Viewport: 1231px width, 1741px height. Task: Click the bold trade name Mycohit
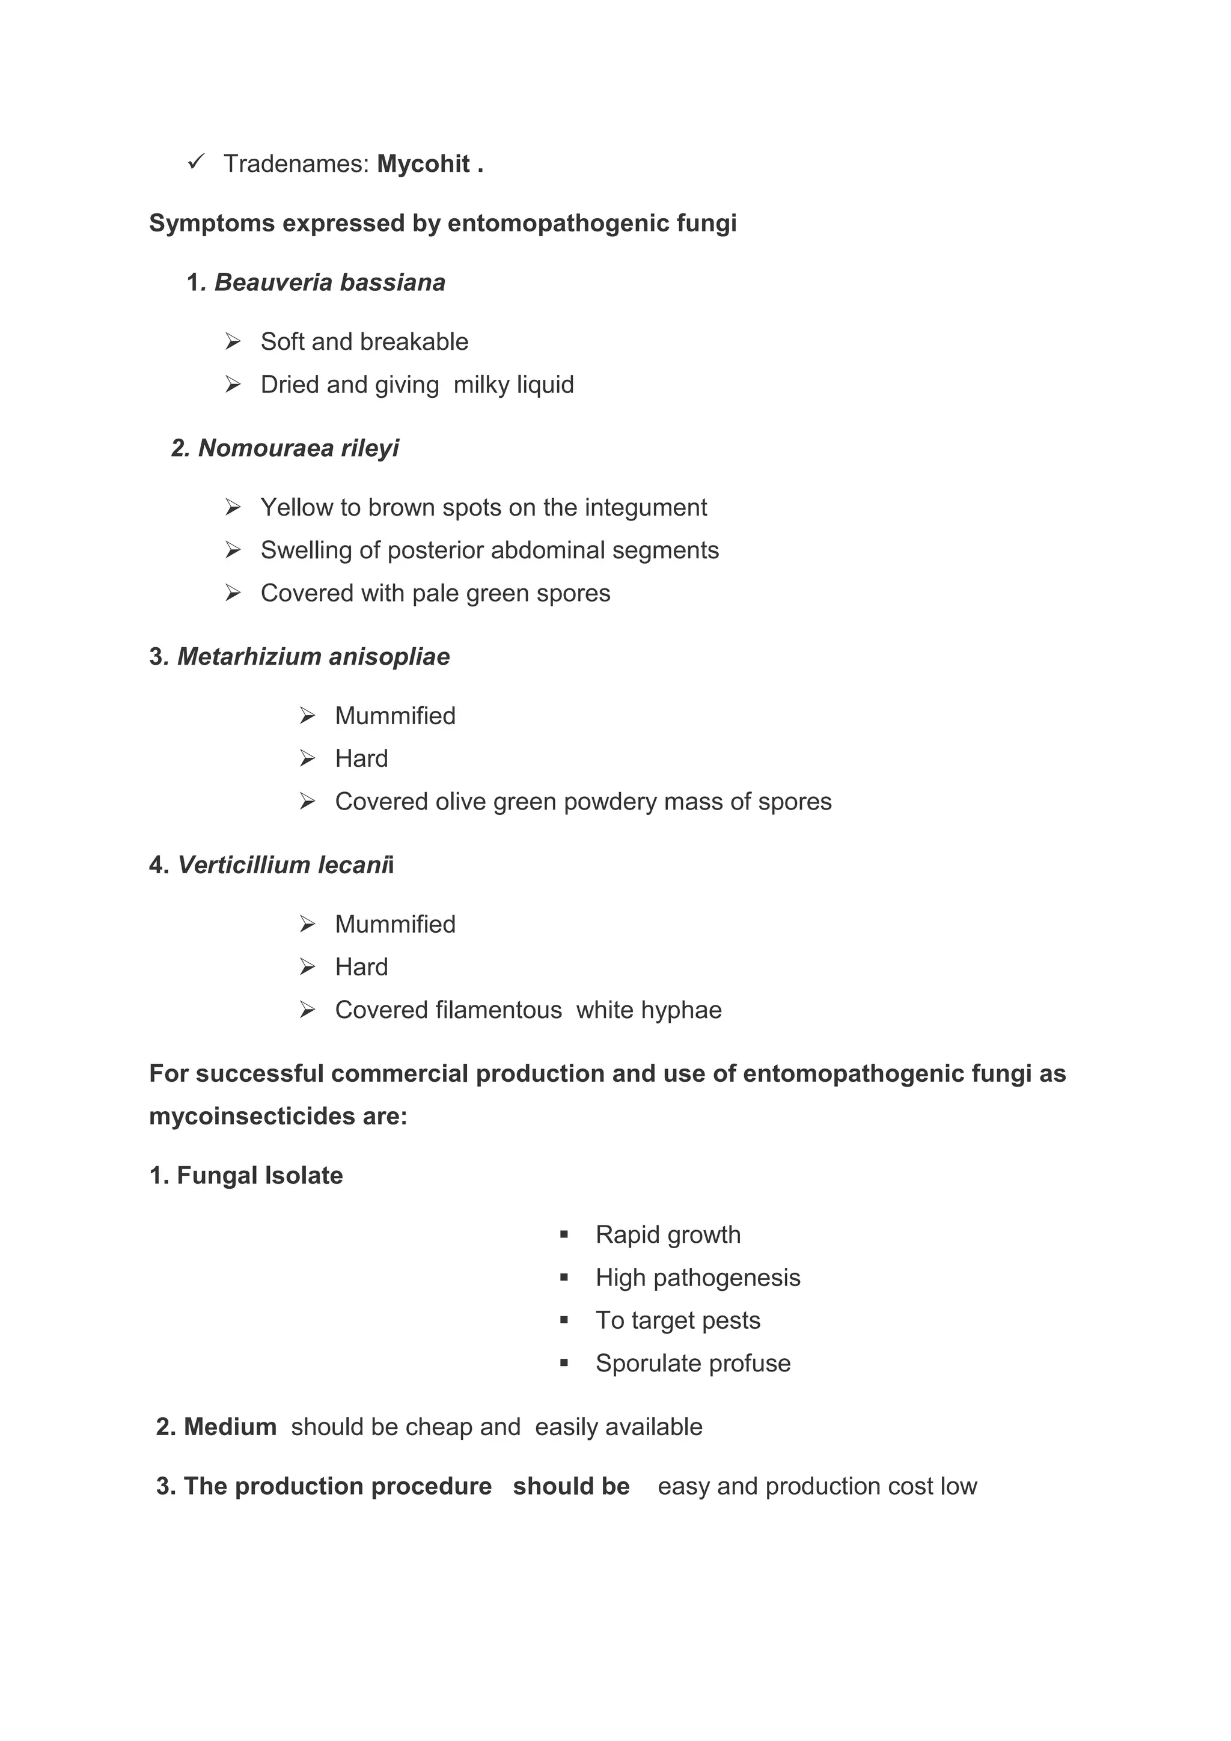(x=423, y=164)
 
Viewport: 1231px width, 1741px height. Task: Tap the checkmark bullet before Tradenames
(x=196, y=162)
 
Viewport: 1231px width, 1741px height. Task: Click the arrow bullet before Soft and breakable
(x=233, y=342)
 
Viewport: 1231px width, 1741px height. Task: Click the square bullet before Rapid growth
(x=564, y=1235)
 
